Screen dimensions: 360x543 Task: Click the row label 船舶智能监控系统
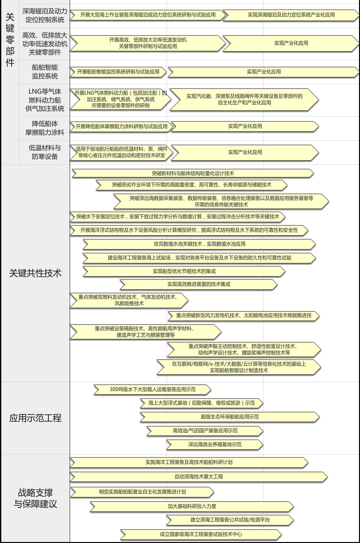[45, 72]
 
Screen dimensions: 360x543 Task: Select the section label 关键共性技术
[35, 273]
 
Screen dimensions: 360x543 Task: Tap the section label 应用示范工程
[35, 418]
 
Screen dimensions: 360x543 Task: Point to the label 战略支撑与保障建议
[35, 498]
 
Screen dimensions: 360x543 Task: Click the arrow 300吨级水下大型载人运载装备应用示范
[152, 389]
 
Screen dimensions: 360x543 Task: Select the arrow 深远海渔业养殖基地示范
[215, 444]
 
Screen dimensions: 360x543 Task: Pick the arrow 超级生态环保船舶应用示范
[230, 417]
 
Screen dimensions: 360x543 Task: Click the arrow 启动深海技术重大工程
[199, 477]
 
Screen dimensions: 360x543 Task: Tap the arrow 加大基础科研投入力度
[192, 506]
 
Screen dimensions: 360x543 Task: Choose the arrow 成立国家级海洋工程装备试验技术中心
[201, 534]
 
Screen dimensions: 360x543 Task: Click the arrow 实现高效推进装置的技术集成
[199, 284]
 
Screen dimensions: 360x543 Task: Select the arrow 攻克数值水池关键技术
[199, 244]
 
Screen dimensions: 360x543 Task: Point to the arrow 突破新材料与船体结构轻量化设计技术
[193, 173]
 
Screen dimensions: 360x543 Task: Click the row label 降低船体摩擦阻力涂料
[45, 128]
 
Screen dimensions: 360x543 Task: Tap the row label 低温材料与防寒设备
[45, 152]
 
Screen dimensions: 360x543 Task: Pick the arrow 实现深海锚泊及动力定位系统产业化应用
[291, 15]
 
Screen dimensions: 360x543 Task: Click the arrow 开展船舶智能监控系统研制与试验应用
[118, 72]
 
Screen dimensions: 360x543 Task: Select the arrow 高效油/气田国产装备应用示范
[205, 431]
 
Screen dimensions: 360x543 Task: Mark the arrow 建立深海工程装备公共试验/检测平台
[230, 520]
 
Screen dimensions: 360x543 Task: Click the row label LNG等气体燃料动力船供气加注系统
[45, 100]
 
